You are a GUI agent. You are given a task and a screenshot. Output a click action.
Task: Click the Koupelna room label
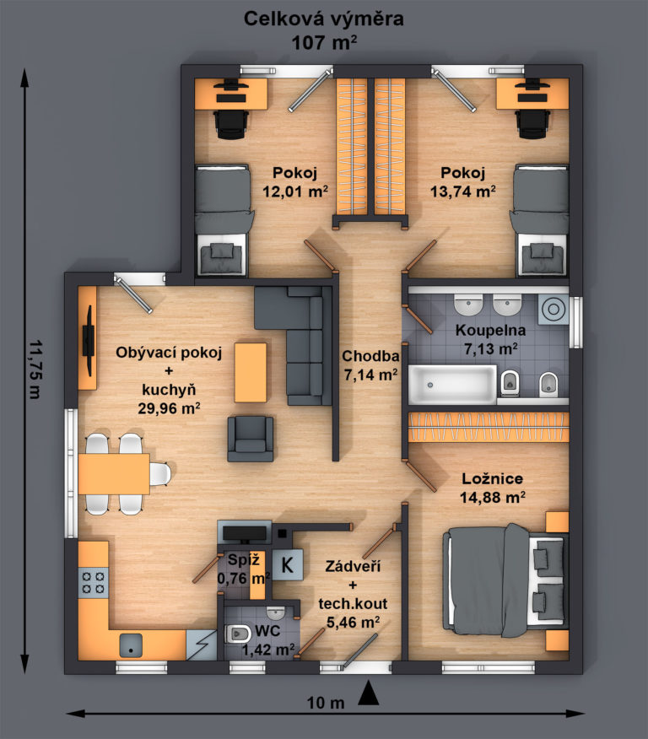click(490, 331)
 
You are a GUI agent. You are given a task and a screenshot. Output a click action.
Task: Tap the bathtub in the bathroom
click(452, 385)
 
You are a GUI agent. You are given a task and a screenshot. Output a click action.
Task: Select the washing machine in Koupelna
click(553, 309)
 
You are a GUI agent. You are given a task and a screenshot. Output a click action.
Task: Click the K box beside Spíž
click(287, 564)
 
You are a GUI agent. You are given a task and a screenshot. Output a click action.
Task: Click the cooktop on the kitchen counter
click(94, 583)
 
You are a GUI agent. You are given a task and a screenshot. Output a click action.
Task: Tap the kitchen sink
click(131, 645)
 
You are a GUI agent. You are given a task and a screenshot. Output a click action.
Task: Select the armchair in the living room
click(251, 439)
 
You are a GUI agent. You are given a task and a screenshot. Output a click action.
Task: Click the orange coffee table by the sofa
click(251, 372)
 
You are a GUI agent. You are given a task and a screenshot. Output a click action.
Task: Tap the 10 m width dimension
click(326, 704)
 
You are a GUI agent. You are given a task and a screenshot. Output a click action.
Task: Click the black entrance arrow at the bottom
click(369, 693)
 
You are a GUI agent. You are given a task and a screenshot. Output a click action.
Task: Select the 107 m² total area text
click(324, 43)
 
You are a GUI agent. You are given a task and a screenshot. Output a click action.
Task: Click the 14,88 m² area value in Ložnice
click(493, 497)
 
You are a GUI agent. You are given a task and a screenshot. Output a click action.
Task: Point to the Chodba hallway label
click(370, 356)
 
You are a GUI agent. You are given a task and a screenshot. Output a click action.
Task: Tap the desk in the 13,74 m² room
click(532, 94)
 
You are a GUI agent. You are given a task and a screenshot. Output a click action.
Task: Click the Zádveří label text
click(353, 566)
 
